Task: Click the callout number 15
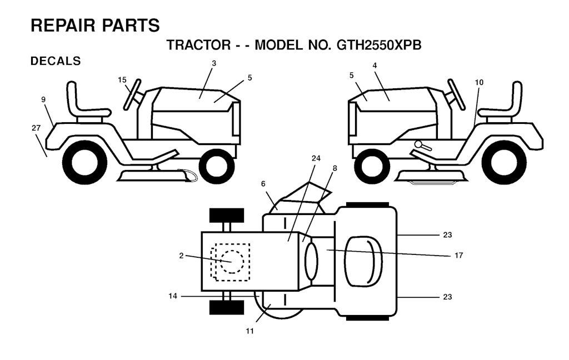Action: click(122, 80)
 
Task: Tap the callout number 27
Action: click(36, 128)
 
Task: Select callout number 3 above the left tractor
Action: click(214, 63)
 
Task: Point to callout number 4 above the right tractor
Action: click(375, 66)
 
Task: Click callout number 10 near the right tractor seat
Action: click(480, 82)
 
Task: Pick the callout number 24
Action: click(316, 158)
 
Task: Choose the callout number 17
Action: click(458, 256)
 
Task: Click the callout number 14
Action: click(173, 296)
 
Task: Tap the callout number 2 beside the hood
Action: click(181, 256)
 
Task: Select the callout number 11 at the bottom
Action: click(249, 331)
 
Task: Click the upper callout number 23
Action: click(447, 235)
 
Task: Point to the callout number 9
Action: click(43, 99)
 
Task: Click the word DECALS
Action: click(56, 61)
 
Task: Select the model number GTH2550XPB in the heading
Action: click(379, 45)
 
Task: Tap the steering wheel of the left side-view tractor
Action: click(132, 94)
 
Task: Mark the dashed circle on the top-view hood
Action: click(232, 262)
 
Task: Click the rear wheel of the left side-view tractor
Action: click(84, 163)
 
